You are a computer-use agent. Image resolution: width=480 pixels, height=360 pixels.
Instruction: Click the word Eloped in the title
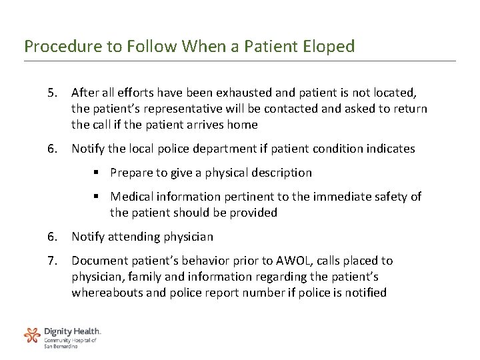(327, 47)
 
